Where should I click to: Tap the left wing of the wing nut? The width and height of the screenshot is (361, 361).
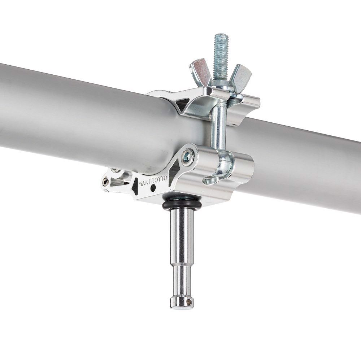point(200,73)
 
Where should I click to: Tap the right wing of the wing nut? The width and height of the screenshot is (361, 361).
point(241,75)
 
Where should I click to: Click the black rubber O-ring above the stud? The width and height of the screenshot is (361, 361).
point(183,205)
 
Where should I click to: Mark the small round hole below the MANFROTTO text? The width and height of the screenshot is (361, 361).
point(153,188)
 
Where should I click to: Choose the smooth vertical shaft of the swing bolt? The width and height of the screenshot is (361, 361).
point(219,123)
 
